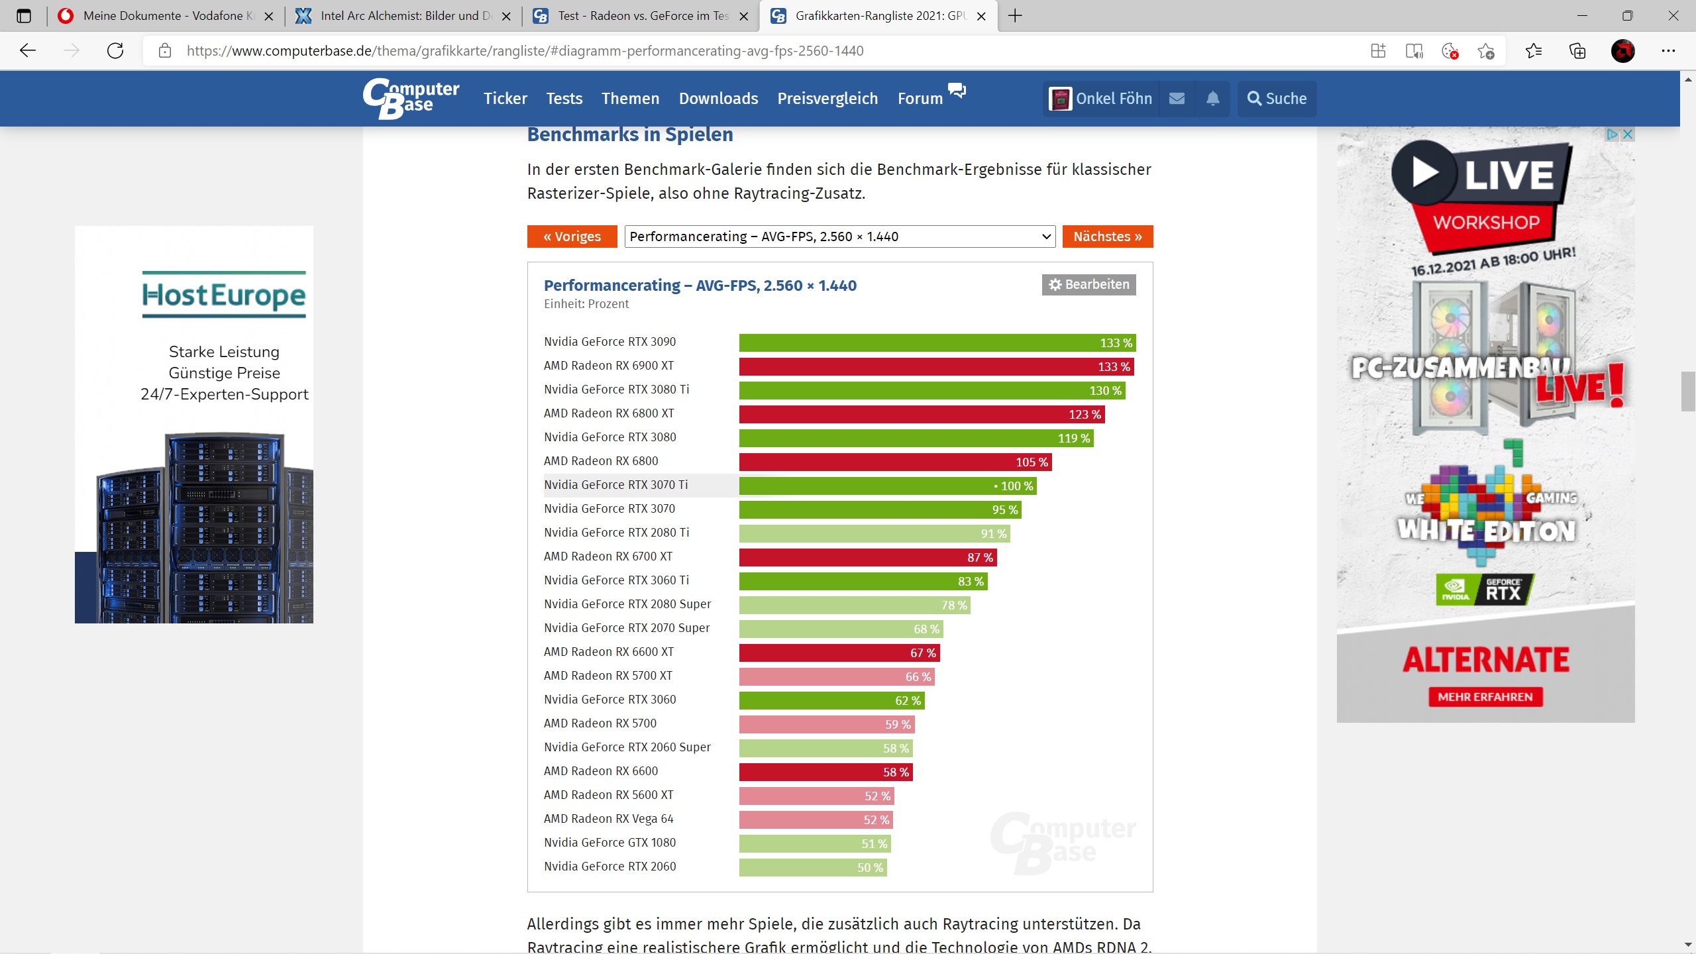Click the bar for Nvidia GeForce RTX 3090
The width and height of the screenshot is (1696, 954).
tap(937, 343)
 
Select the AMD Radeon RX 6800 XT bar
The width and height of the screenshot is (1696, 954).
tap(922, 414)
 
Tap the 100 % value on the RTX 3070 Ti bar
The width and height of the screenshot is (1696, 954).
tap(1016, 486)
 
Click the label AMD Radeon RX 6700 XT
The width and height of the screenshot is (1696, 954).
tap(608, 556)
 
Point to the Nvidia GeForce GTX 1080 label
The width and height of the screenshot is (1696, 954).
tap(609, 843)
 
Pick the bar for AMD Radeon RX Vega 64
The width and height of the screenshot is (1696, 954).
tap(816, 820)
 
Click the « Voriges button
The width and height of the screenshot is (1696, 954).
tap(572, 237)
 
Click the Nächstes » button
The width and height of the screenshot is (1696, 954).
tap(1107, 237)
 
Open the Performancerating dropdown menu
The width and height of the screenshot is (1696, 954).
tap(839, 237)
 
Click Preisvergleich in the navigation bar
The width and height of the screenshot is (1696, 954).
tap(827, 99)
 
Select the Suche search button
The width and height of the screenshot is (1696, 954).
tap(1277, 99)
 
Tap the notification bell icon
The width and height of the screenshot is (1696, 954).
tap(1212, 99)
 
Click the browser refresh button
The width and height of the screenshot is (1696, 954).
tap(115, 51)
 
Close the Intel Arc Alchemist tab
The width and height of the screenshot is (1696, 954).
tap(507, 17)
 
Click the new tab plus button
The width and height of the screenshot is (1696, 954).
tap(1015, 16)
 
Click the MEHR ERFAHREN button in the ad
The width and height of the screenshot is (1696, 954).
tap(1485, 697)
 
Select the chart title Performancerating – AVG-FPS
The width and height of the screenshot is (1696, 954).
tap(700, 286)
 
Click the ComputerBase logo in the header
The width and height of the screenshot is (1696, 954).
tap(411, 99)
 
